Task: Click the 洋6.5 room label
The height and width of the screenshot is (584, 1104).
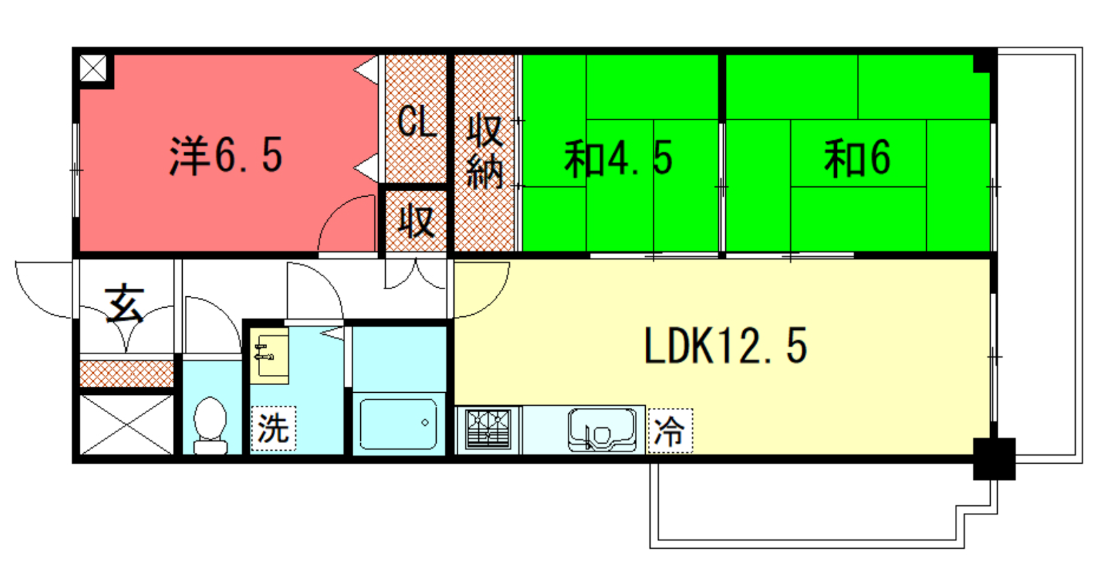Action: [226, 156]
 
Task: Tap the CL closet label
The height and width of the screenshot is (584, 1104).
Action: [417, 121]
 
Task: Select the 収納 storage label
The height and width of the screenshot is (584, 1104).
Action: [485, 152]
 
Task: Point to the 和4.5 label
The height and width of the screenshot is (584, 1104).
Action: [618, 158]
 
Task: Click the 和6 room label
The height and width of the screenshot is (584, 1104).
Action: [858, 158]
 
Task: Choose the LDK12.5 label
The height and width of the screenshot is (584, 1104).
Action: [725, 346]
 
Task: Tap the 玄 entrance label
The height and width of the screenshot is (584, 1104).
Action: [125, 303]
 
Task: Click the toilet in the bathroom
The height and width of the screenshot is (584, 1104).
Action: [210, 425]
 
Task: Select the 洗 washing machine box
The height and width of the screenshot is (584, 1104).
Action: [273, 428]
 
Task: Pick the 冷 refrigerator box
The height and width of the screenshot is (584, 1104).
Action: [670, 431]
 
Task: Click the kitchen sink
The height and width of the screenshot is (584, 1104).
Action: [602, 429]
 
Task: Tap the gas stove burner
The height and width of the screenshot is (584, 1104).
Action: [488, 429]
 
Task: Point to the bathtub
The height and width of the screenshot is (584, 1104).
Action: [399, 424]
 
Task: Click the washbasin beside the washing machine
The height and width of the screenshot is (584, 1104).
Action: [269, 356]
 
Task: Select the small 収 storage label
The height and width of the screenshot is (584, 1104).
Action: [417, 222]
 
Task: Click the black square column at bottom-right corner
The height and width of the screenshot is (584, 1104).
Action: [994, 459]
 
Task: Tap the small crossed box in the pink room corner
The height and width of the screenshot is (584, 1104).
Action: [93, 68]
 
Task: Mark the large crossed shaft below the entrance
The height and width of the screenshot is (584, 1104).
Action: [127, 424]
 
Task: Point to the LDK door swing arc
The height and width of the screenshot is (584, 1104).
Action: [495, 302]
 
